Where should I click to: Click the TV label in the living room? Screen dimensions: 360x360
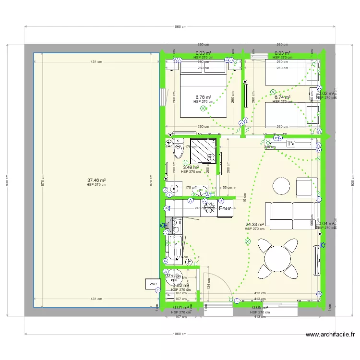(x=291, y=144)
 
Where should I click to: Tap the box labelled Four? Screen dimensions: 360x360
(x=225, y=209)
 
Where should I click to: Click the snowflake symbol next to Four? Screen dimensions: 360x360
(x=210, y=208)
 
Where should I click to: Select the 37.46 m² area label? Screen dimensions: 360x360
(x=96, y=181)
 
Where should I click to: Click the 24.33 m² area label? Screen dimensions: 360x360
(x=254, y=224)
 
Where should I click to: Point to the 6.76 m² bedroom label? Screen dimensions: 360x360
(x=203, y=97)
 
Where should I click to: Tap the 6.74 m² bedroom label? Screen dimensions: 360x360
(x=282, y=97)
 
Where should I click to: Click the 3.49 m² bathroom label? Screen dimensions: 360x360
(x=191, y=168)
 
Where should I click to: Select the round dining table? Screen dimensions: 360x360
(x=277, y=259)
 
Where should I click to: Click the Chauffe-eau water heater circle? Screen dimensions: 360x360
(x=173, y=277)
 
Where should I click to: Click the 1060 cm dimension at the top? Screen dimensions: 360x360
(x=180, y=27)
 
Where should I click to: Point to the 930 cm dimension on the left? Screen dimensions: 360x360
(x=8, y=181)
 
